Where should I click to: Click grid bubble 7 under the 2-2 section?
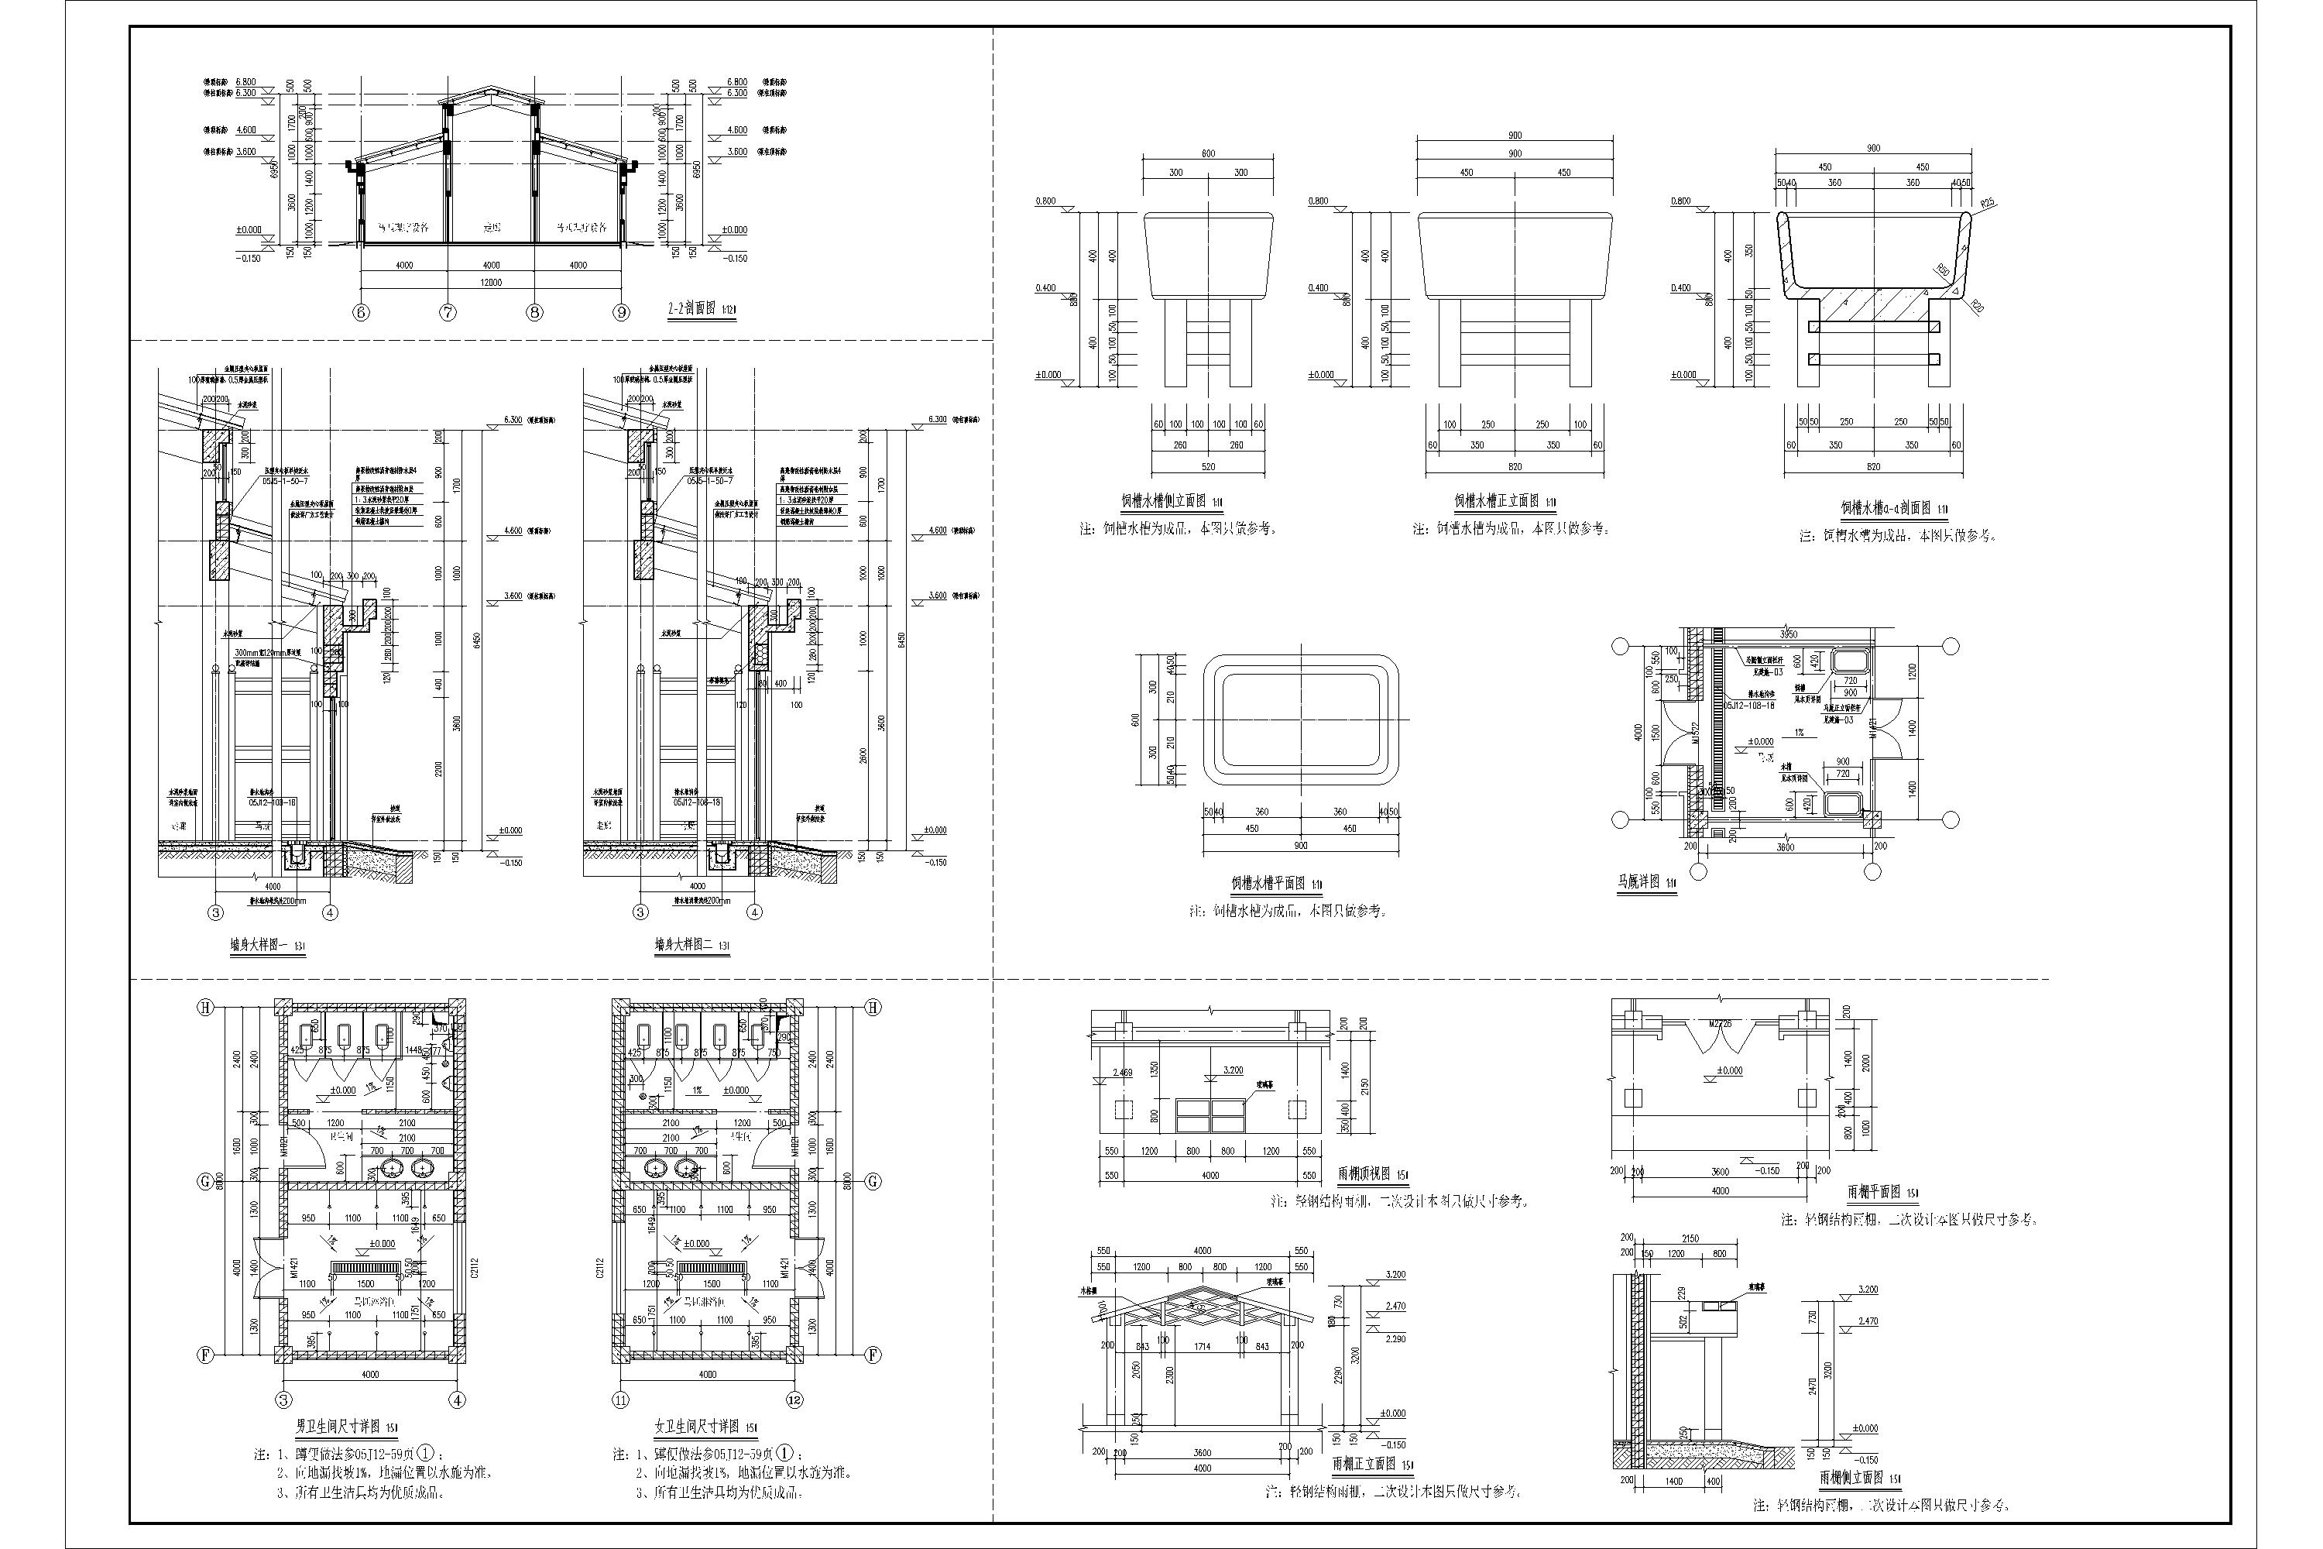pyautogui.click(x=448, y=312)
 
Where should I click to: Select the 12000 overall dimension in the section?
pyautogui.click(x=491, y=283)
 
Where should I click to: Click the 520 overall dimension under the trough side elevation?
pyautogui.click(x=1208, y=465)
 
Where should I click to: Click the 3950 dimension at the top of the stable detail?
pyautogui.click(x=1788, y=634)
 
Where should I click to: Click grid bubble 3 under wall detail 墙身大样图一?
pyautogui.click(x=216, y=913)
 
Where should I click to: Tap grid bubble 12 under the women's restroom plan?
pyautogui.click(x=795, y=1399)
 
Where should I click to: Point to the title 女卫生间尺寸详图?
pyautogui.click(x=696, y=1427)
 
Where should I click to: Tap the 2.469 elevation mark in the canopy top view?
pyautogui.click(x=1123, y=1072)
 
